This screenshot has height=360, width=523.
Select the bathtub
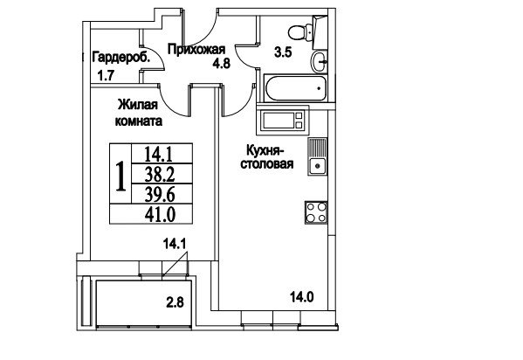(295, 88)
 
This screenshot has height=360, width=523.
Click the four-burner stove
(316, 212)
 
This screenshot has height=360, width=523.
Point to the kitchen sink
(317, 156)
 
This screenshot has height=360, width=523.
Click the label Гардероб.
(121, 58)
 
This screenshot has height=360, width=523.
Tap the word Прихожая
(196, 50)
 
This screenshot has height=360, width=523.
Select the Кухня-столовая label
(267, 157)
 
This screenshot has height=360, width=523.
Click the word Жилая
(138, 105)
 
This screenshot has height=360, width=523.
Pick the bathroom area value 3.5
(283, 52)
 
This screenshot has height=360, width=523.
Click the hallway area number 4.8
(222, 63)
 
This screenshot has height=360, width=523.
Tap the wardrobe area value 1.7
(106, 76)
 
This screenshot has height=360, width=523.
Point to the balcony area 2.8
(175, 302)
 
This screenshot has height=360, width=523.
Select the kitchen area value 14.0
(302, 296)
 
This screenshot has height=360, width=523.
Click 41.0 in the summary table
(160, 214)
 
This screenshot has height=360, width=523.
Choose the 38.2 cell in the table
(160, 174)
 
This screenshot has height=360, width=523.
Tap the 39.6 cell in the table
(160, 194)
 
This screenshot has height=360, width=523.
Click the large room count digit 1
(120, 176)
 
